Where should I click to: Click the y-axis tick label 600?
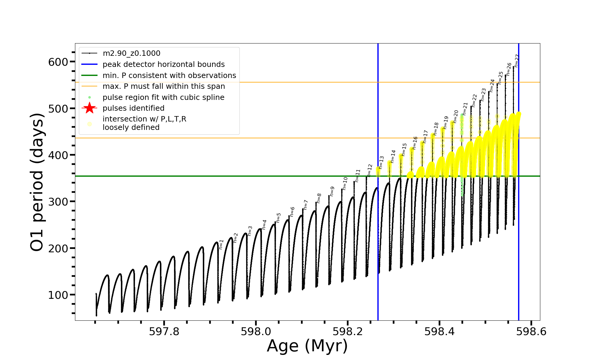pyautogui.click(x=58, y=62)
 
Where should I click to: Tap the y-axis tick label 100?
pyautogui.click(x=58, y=295)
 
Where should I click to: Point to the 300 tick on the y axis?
pyautogui.click(x=58, y=202)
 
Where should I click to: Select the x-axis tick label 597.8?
pyautogui.click(x=164, y=332)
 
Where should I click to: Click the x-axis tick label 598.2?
pyautogui.click(x=348, y=332)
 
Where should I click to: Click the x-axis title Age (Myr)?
pyautogui.click(x=307, y=346)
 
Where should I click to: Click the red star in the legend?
pyautogui.click(x=89, y=108)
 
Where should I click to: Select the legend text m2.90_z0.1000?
pyautogui.click(x=131, y=53)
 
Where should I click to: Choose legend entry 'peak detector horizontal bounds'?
pyautogui.click(x=163, y=64)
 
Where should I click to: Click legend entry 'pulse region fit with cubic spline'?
pyautogui.click(x=163, y=97)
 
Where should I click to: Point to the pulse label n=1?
pyautogui.click(x=221, y=244)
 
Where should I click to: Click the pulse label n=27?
pyautogui.click(x=516, y=61)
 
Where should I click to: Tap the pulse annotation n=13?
pyautogui.click(x=381, y=162)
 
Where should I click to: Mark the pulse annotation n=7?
pyautogui.click(x=305, y=205)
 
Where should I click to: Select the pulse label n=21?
pyautogui.click(x=465, y=109)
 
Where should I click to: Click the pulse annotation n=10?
pyautogui.click(x=345, y=183)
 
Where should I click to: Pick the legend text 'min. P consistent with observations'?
pyautogui.click(x=169, y=76)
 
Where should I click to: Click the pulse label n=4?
pyautogui.click(x=264, y=224)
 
